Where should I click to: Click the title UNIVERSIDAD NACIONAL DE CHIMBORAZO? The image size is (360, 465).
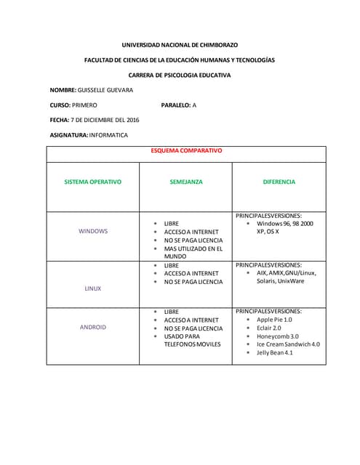click(x=180, y=45)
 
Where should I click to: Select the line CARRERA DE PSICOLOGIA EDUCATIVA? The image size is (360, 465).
click(x=180, y=75)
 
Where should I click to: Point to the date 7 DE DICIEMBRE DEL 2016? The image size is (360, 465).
click(x=105, y=120)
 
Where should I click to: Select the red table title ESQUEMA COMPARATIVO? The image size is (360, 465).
click(x=186, y=150)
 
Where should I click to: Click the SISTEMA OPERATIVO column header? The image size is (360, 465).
click(x=93, y=182)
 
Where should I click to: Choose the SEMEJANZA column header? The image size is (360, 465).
click(x=186, y=182)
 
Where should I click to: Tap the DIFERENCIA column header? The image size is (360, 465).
click(x=279, y=182)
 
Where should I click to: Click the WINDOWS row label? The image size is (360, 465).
click(x=93, y=231)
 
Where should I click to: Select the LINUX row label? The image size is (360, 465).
click(x=93, y=288)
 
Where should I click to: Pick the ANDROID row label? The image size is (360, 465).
click(x=93, y=327)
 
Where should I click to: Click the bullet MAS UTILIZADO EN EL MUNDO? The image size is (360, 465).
click(x=192, y=252)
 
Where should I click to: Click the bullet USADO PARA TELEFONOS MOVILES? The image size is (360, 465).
click(x=192, y=339)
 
